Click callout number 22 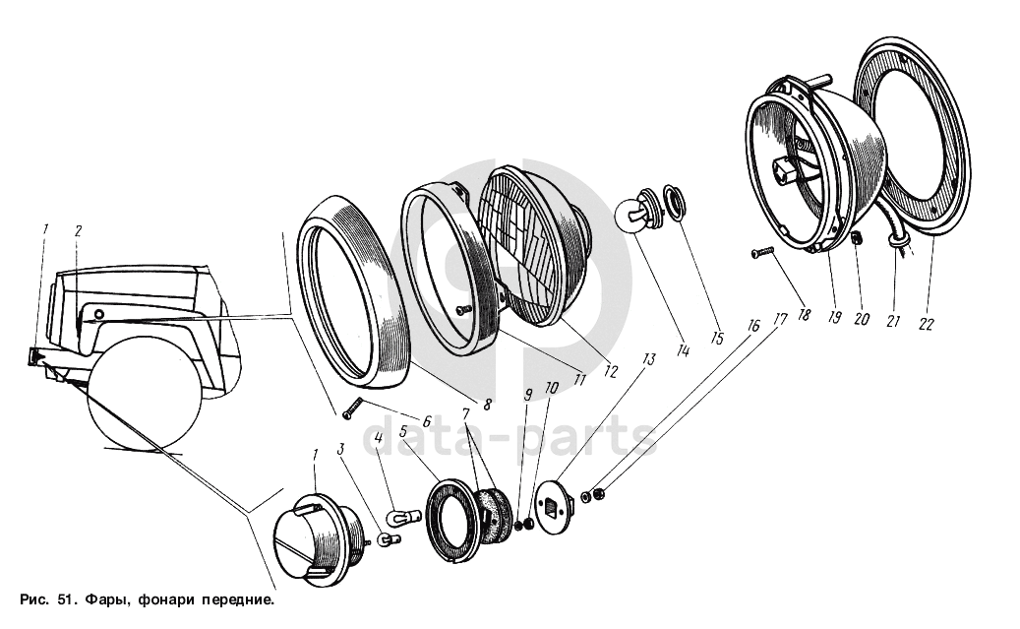[926, 323]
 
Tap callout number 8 [488, 403]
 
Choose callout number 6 [426, 421]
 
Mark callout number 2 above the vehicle [78, 231]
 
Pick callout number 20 [863, 318]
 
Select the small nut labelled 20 [857, 237]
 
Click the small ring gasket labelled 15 [675, 199]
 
